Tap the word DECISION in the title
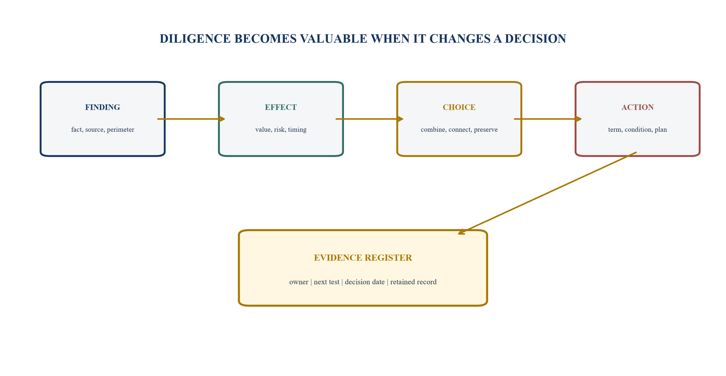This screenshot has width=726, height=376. point(536,39)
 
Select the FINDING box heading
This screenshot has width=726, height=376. point(103,107)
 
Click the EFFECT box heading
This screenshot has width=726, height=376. point(281,107)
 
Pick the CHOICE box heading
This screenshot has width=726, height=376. point(459,107)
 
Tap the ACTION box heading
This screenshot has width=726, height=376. point(637,107)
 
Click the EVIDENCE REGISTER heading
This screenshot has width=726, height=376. point(363,258)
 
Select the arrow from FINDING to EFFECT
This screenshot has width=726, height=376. point(191,119)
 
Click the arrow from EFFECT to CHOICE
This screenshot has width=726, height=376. point(369,119)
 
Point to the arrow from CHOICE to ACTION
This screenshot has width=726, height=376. point(548,119)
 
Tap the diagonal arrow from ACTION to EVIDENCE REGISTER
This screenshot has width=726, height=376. point(547,193)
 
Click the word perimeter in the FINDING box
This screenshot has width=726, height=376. point(121,130)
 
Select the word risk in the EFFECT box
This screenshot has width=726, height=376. point(279,129)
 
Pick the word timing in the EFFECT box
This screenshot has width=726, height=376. point(297,130)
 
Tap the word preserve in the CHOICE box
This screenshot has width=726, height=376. point(486,130)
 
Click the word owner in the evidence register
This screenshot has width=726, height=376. point(299,282)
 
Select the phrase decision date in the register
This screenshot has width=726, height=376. point(365,282)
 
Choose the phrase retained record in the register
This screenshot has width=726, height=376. point(413,282)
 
